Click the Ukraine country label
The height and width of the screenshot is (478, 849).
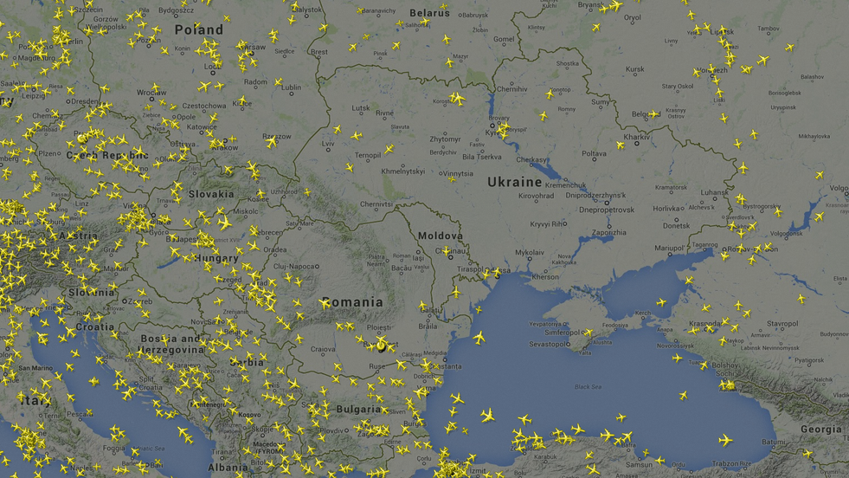(x=514, y=182)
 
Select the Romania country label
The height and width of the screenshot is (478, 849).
(x=351, y=302)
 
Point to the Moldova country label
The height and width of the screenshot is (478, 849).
(x=440, y=236)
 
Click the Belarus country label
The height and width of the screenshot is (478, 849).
(x=429, y=13)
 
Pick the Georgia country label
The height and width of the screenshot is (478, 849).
(x=820, y=429)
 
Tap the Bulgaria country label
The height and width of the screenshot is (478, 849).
(x=358, y=409)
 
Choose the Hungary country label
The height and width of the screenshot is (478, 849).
(x=216, y=258)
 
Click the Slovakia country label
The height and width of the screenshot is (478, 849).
(x=211, y=194)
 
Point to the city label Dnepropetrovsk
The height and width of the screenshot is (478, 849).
(x=607, y=210)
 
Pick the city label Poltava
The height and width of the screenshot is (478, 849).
(x=594, y=154)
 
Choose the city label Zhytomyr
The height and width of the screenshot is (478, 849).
(x=445, y=139)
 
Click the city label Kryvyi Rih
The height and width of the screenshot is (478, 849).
(x=548, y=223)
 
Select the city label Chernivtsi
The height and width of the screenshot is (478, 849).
(x=376, y=204)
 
